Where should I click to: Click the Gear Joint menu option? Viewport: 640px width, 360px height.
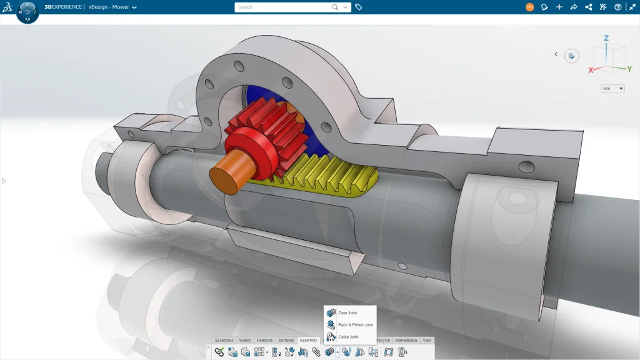click(x=347, y=312)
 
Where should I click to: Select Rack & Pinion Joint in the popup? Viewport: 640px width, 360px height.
click(x=355, y=325)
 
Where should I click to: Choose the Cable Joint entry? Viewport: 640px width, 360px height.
click(x=348, y=337)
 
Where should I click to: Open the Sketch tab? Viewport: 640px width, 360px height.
click(x=245, y=341)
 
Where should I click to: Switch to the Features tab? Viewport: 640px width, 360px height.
click(x=264, y=341)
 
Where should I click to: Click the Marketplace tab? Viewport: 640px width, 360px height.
click(x=406, y=341)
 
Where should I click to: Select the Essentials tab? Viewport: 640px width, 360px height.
click(x=224, y=341)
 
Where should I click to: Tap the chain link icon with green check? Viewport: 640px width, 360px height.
click(x=219, y=352)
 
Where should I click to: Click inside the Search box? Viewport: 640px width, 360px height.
click(x=284, y=7)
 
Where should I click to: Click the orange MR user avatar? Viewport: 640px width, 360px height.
click(x=530, y=7)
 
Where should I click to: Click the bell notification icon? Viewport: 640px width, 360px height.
click(x=544, y=7)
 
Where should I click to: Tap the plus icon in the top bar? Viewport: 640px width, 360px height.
click(x=559, y=7)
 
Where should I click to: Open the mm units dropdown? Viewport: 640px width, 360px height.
click(x=612, y=89)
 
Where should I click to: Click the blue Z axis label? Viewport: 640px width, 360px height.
click(x=606, y=38)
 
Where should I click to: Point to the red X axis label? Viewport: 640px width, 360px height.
click(x=591, y=71)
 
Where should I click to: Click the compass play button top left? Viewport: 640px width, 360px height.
click(x=27, y=12)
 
